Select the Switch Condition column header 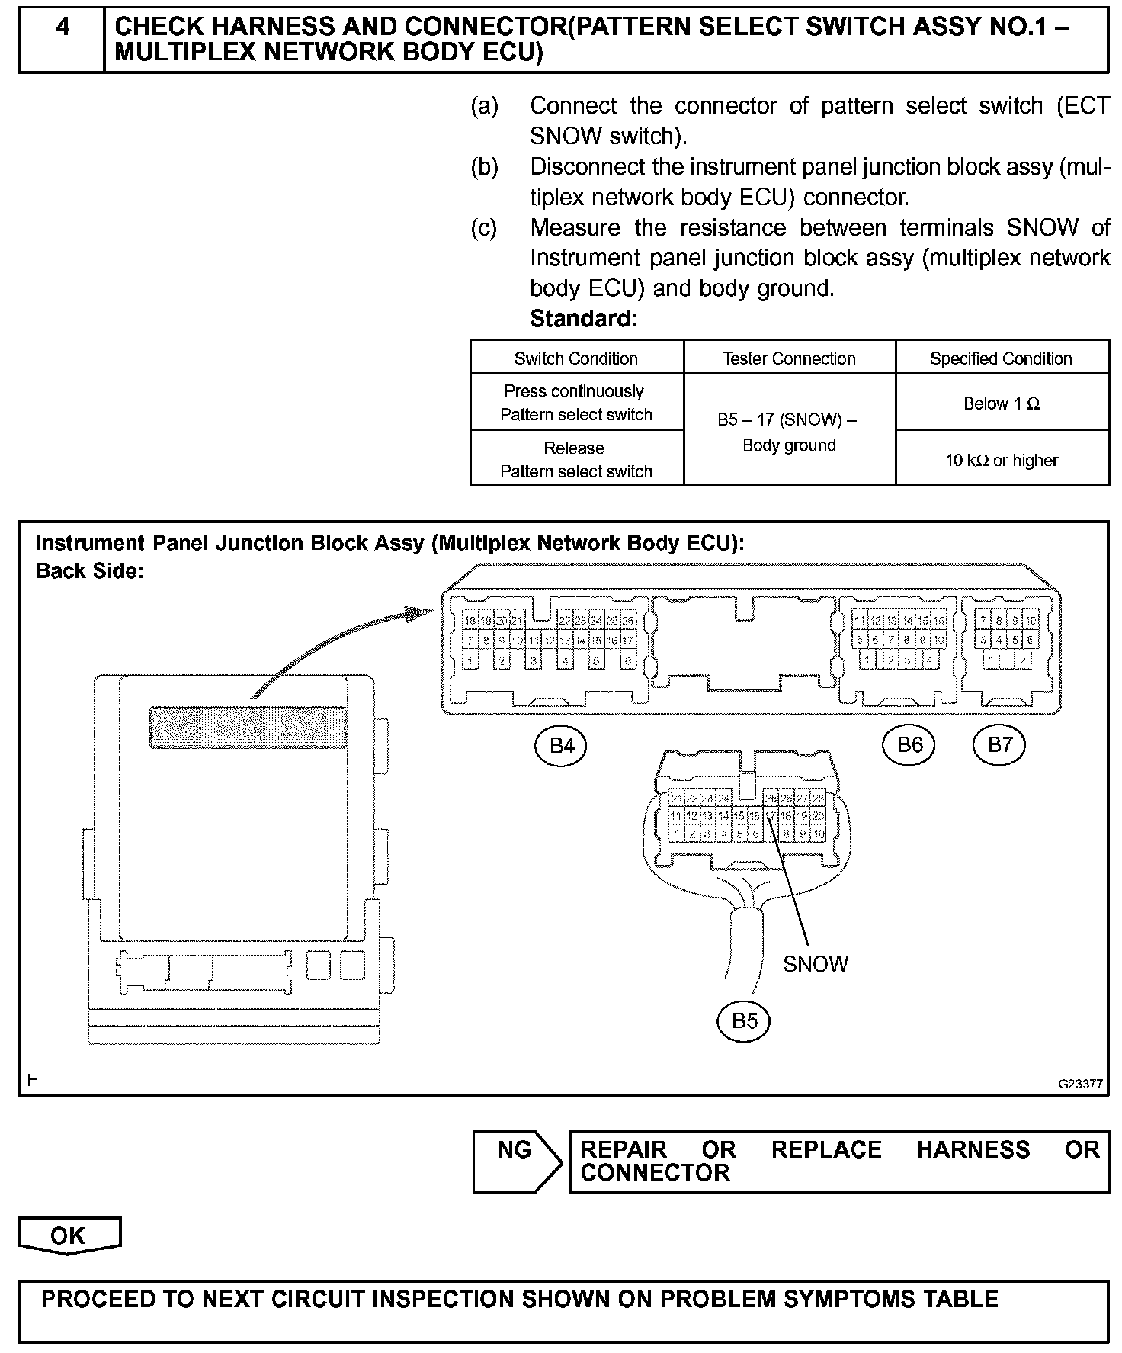point(576,358)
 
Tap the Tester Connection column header point(789,358)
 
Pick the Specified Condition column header point(1001,358)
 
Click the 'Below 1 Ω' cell point(1002,403)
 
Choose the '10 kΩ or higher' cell point(1002,460)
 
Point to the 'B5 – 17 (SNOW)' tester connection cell point(789,432)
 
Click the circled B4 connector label point(562,745)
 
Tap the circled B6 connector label point(909,745)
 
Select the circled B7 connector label point(999,745)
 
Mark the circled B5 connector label point(744,1020)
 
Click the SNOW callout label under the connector point(815,964)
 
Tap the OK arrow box point(69,1236)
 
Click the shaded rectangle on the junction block point(248,728)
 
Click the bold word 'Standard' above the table point(582,319)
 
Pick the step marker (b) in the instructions point(485,166)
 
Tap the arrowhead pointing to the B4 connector point(423,612)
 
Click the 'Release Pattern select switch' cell point(576,459)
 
